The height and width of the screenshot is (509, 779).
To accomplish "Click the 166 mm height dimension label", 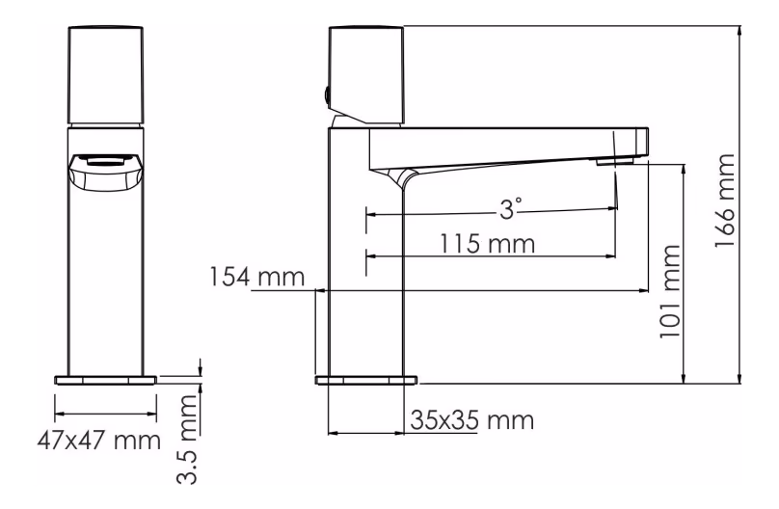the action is [725, 201].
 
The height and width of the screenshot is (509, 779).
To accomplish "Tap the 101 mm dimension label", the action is [670, 292].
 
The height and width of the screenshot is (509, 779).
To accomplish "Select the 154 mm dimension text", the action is [256, 277].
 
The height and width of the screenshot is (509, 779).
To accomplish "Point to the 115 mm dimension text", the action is [488, 243].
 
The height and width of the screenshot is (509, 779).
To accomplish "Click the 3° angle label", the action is [511, 209].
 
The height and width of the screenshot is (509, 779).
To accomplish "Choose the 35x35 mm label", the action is [472, 420].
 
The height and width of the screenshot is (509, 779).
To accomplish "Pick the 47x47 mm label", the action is [99, 441].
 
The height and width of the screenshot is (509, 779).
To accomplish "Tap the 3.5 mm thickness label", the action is [188, 440].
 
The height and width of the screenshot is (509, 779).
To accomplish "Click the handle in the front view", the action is [105, 75].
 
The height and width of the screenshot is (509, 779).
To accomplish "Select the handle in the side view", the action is [366, 75].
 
